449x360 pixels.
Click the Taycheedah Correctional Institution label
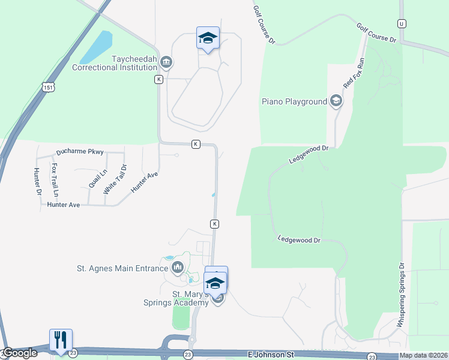(114, 63)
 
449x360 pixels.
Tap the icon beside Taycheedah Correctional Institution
(167, 62)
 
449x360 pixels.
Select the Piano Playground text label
(294, 101)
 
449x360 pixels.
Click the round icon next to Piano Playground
(336, 101)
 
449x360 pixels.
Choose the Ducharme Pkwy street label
(80, 152)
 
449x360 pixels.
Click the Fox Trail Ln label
(55, 180)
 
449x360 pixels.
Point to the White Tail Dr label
(115, 179)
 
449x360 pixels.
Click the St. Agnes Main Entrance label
(122, 268)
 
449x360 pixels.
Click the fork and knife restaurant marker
(61, 340)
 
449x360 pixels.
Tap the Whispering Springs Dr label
(401, 293)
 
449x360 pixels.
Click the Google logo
(19, 353)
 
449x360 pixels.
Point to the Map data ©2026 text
(423, 355)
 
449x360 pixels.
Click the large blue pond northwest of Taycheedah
(97, 47)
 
